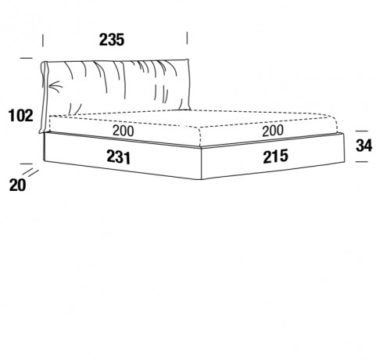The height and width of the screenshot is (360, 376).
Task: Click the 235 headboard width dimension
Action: click(x=112, y=40)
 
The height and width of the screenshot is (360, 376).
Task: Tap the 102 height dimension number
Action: click(x=21, y=116)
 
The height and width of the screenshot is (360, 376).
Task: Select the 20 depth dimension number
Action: click(x=18, y=185)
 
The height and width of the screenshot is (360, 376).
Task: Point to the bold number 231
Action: click(x=118, y=157)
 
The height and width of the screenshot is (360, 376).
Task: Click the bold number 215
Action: click(x=275, y=157)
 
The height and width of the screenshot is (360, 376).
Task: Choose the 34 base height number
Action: click(x=363, y=146)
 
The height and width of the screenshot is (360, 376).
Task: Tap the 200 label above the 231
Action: click(x=124, y=131)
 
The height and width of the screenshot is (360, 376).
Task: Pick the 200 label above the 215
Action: click(x=273, y=131)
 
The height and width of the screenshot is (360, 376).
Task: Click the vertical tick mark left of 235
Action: click(x=43, y=41)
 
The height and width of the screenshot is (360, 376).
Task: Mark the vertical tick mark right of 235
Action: click(x=187, y=38)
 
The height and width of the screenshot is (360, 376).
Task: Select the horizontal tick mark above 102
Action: click(x=26, y=58)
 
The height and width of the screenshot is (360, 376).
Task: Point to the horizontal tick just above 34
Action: click(x=362, y=131)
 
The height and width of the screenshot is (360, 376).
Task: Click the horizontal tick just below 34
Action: click(x=362, y=161)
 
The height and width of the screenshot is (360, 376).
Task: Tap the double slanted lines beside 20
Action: click(x=30, y=172)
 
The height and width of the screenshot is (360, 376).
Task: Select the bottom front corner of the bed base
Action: click(x=201, y=179)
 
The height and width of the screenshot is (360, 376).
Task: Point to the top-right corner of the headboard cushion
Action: click(x=188, y=60)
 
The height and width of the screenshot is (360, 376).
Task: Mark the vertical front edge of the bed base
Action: click(x=202, y=164)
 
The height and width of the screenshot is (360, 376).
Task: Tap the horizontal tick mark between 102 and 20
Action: click(x=26, y=164)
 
